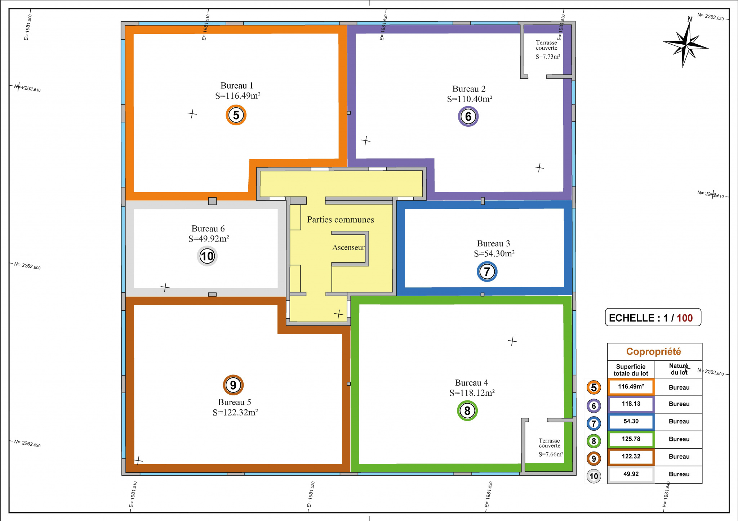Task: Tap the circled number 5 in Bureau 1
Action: click(236, 115)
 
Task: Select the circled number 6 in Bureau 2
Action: click(468, 116)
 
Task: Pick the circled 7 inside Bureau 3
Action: click(487, 271)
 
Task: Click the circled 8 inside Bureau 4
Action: click(467, 411)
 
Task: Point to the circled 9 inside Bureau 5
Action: click(233, 385)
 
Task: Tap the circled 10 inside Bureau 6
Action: click(207, 256)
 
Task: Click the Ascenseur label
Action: click(348, 248)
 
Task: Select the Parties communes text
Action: click(341, 220)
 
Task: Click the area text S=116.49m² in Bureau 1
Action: click(238, 96)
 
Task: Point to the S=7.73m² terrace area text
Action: click(548, 57)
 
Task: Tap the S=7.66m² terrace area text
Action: click(551, 454)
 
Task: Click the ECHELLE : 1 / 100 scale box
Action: click(653, 318)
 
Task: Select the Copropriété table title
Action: click(654, 351)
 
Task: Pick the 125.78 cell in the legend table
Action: click(631, 439)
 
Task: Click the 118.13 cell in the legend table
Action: click(631, 404)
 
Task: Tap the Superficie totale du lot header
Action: click(631, 370)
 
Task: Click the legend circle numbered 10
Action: click(594, 476)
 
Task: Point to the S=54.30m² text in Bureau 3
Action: click(494, 253)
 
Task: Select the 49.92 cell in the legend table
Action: click(631, 474)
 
